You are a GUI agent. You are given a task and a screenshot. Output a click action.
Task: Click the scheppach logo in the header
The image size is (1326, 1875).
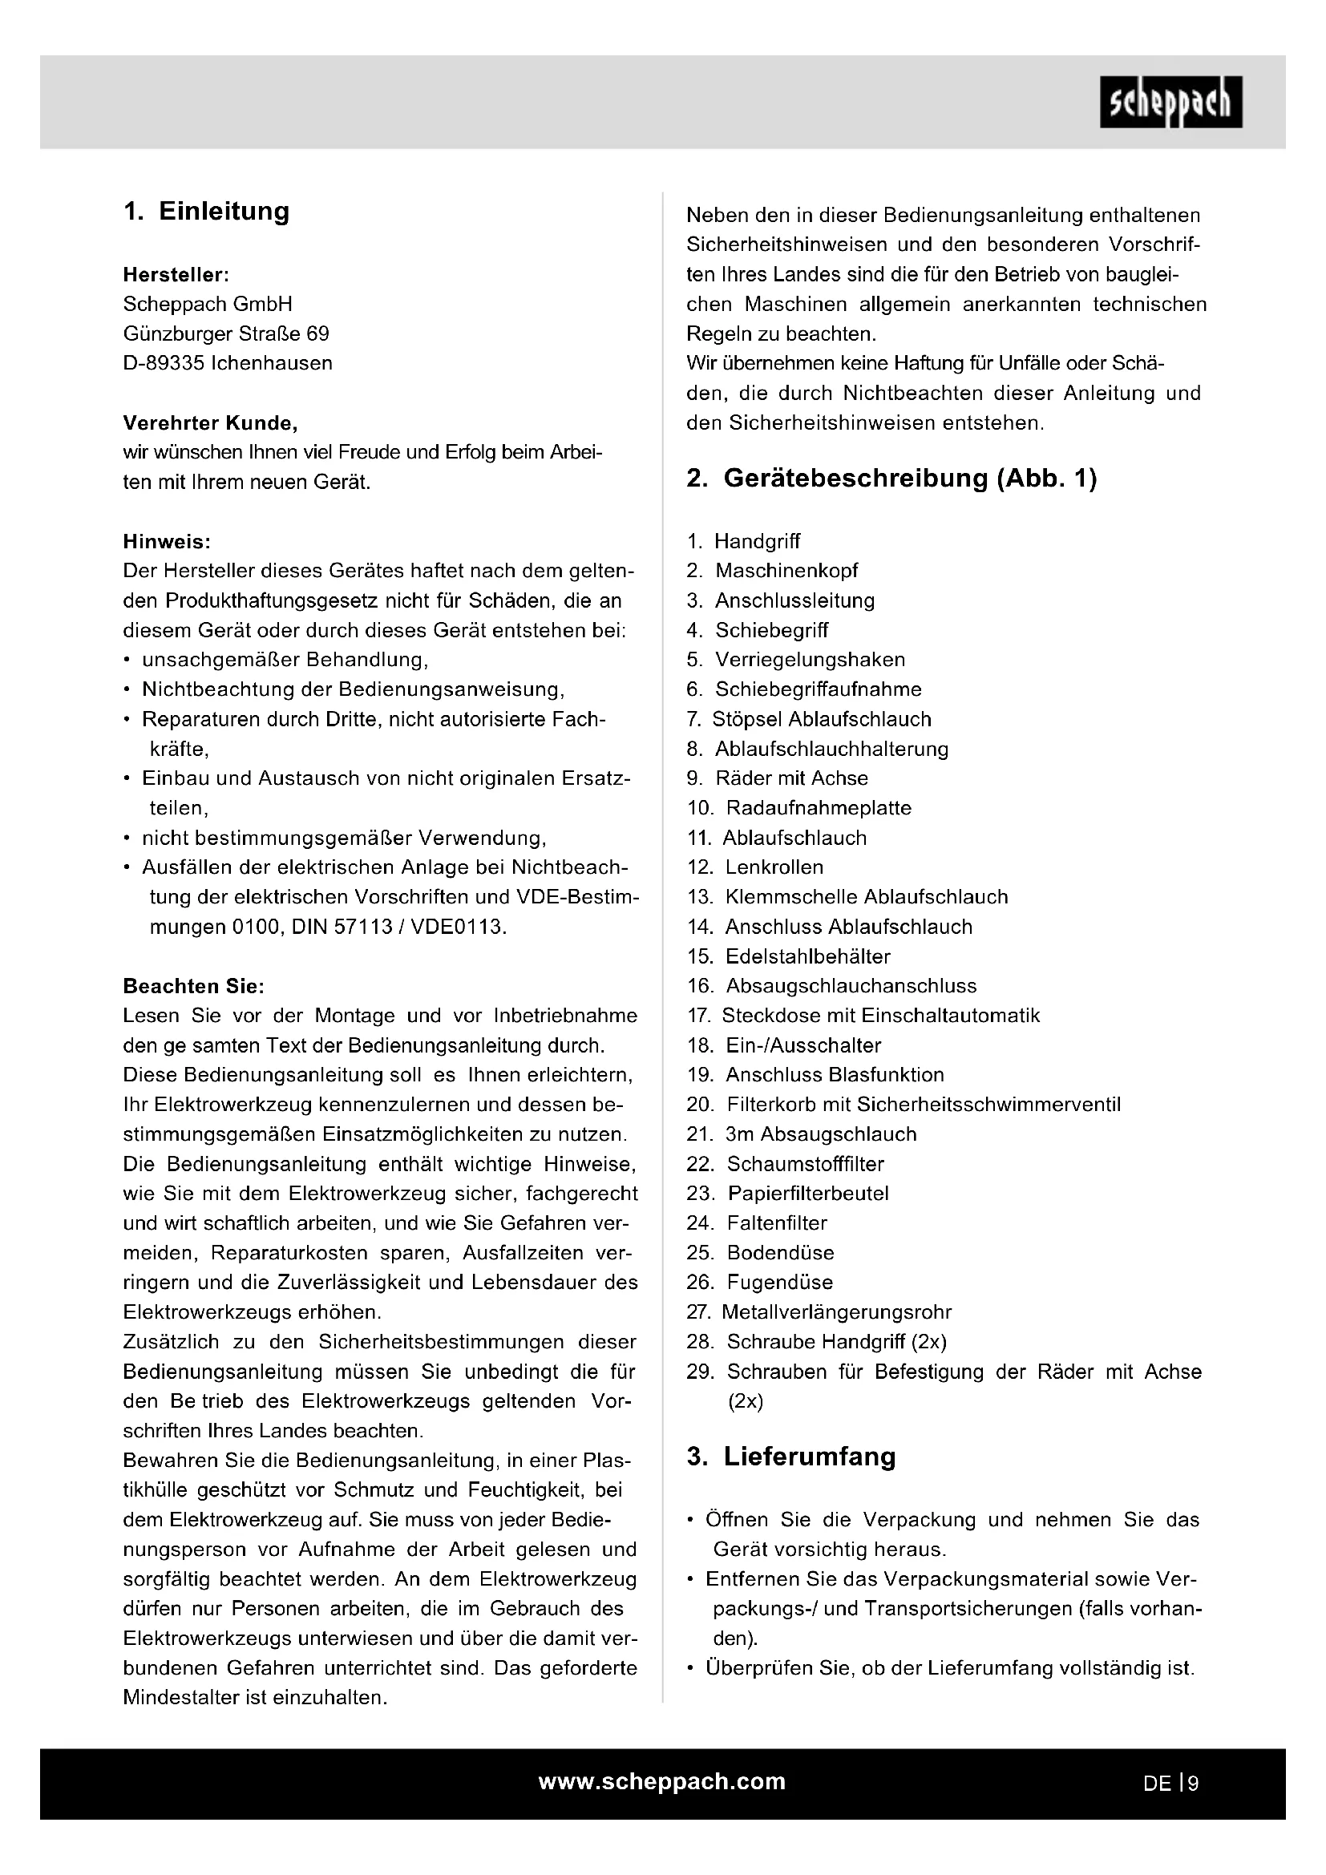point(1170,102)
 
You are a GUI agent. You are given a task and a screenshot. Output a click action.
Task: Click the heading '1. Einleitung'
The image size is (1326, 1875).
point(207,212)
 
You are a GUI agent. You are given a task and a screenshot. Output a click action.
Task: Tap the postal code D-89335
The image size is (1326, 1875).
point(164,363)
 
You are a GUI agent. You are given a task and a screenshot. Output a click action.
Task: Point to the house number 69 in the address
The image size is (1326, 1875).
point(317,334)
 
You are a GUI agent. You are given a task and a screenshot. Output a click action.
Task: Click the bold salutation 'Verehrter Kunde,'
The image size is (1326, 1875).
point(210,423)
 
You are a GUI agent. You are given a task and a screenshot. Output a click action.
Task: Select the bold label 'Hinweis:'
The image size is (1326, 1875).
point(167,541)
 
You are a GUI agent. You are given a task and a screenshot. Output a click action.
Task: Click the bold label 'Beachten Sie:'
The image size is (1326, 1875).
point(193,986)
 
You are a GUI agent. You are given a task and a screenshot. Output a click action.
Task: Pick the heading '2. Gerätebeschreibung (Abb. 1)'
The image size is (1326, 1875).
point(891,478)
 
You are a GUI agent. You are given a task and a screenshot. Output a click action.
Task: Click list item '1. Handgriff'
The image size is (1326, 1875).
point(743,541)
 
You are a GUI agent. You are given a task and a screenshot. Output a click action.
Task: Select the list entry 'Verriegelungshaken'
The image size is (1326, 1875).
point(810,660)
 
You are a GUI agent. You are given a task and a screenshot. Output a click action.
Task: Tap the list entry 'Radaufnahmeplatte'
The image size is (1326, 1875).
point(819,808)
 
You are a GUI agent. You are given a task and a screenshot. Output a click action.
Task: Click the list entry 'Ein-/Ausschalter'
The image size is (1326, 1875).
point(803,1045)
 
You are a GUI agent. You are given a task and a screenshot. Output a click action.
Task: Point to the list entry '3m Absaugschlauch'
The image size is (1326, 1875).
point(821,1134)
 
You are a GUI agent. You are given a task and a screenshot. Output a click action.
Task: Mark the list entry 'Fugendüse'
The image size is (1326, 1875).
point(780,1282)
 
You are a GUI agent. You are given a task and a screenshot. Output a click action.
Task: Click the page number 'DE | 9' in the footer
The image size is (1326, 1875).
point(1170,1784)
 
